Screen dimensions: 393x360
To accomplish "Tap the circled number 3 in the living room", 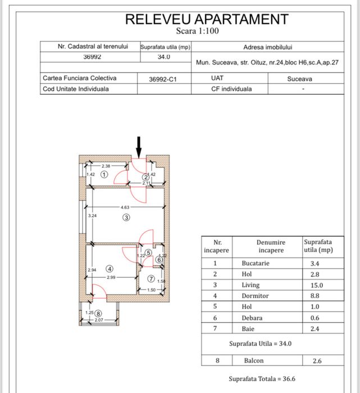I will [126, 218].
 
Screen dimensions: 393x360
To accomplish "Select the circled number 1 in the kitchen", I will [104, 175].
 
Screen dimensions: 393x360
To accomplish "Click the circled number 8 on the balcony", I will [99, 313].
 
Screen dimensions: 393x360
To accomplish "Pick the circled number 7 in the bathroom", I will [151, 278].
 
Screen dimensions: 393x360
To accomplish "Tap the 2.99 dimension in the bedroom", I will [110, 277].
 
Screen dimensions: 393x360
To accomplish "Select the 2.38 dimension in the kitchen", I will [106, 166].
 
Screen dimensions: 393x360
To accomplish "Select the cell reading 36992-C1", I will [163, 80].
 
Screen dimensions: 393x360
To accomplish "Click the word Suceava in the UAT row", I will [300, 79].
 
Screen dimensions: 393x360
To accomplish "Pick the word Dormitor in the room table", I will [255, 296].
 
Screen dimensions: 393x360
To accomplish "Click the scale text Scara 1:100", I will [197, 31].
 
